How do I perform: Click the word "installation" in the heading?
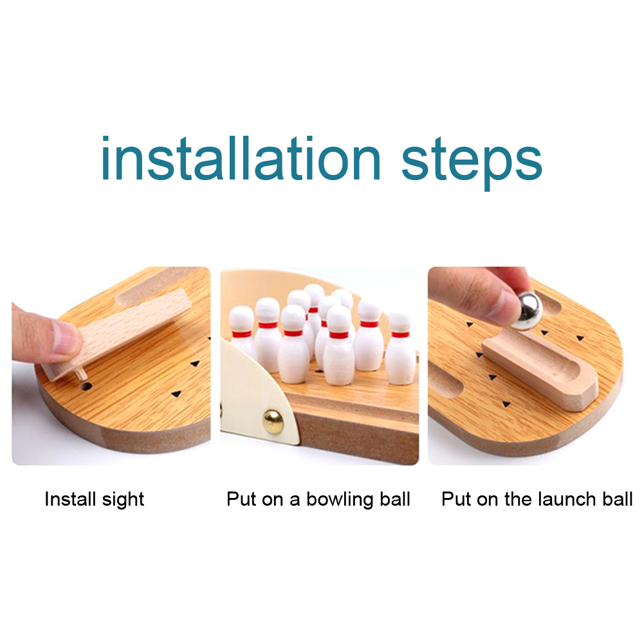pyautogui.click(x=241, y=158)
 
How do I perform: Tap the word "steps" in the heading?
pyautogui.click(x=472, y=163)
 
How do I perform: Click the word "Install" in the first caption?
pyautogui.click(x=70, y=499)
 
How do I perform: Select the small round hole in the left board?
pyautogui.click(x=86, y=385)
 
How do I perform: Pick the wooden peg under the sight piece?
pyautogui.click(x=80, y=373)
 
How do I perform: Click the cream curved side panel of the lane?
pyautogui.click(x=250, y=394)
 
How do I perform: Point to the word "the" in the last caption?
pyautogui.click(x=519, y=499)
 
